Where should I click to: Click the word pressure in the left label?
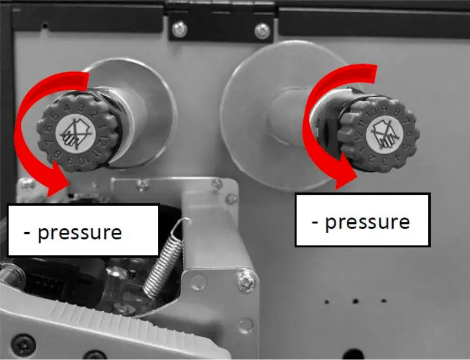coord(80,232)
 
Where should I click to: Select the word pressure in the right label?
coord(367,222)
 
